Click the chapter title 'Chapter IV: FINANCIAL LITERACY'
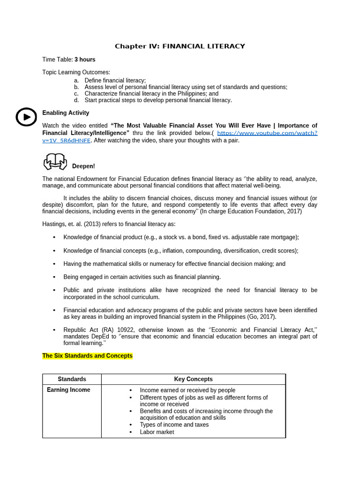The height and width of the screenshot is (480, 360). (x=180, y=46)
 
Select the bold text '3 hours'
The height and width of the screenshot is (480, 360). (x=85, y=60)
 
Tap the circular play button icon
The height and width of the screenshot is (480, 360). (x=26, y=117)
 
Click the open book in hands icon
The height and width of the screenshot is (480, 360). (x=55, y=161)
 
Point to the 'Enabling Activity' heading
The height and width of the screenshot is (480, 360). (x=66, y=113)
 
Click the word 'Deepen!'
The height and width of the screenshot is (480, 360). (x=83, y=166)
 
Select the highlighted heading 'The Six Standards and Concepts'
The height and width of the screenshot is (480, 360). (x=88, y=356)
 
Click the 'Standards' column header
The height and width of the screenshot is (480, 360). (x=72, y=379)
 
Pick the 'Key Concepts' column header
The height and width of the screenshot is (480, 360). (x=193, y=379)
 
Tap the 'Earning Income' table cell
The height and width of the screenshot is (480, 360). (x=68, y=390)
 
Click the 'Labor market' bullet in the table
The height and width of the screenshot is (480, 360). (x=157, y=432)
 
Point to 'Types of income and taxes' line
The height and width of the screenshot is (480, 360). (x=174, y=425)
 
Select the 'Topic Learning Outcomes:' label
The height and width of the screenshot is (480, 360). (x=76, y=72)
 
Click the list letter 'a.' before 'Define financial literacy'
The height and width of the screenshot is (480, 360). (x=76, y=81)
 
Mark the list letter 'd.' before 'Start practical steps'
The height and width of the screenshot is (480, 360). (x=76, y=100)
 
